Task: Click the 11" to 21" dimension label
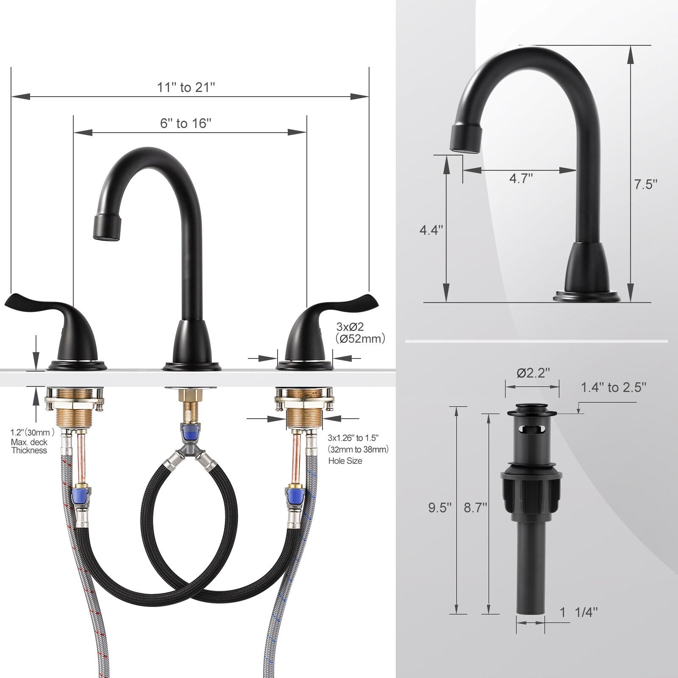[x=186, y=87]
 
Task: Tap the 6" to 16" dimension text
[x=186, y=123]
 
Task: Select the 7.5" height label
[x=645, y=184]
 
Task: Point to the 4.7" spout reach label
[x=520, y=178]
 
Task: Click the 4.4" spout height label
[x=431, y=230]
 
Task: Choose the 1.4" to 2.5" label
[x=613, y=387]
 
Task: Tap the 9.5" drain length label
[x=440, y=508]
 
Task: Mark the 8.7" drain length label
[x=475, y=508]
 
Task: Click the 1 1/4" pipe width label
[x=578, y=612]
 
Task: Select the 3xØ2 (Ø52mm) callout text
[x=360, y=333]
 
